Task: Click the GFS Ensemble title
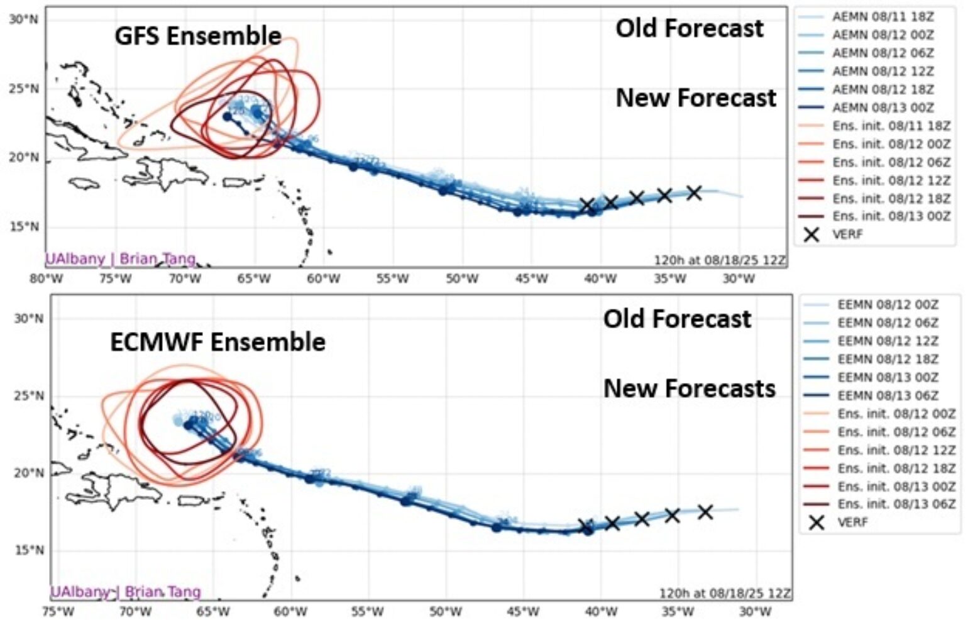pyautogui.click(x=197, y=36)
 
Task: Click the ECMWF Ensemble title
pyautogui.click(x=217, y=342)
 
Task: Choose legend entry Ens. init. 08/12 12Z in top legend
pyautogui.click(x=891, y=180)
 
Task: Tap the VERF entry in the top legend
pyautogui.click(x=847, y=235)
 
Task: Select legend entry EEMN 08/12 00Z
pyautogui.click(x=887, y=305)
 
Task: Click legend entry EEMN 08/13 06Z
pyautogui.click(x=887, y=396)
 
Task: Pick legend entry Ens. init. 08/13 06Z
pyautogui.click(x=896, y=504)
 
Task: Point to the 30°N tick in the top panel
pyautogui.click(x=24, y=19)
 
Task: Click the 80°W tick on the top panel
pyautogui.click(x=46, y=279)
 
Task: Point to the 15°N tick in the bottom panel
pyautogui.click(x=29, y=550)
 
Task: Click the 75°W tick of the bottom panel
pyautogui.click(x=58, y=611)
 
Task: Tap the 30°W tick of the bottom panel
pyautogui.click(x=754, y=611)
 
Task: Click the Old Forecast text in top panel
pyautogui.click(x=689, y=28)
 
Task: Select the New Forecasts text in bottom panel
pyautogui.click(x=689, y=389)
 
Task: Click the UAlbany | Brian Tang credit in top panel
pyautogui.click(x=120, y=258)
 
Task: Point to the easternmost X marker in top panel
pyautogui.click(x=694, y=192)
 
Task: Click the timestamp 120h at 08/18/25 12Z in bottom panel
pyautogui.click(x=725, y=593)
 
